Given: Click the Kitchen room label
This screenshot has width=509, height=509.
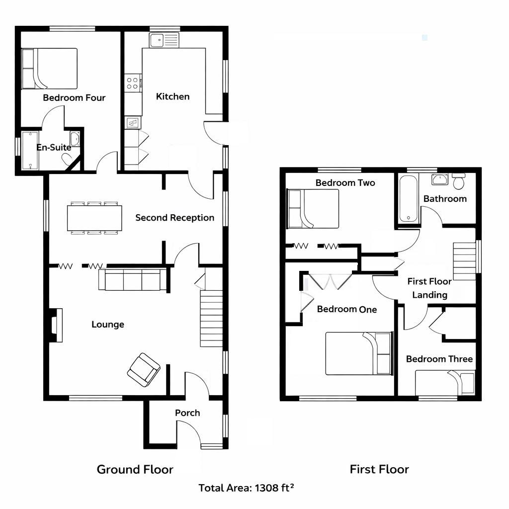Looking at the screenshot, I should pos(172,96).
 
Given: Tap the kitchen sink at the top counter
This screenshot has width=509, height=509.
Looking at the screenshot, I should pos(164,40).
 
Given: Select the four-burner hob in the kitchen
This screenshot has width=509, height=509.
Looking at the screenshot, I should pos(133,83).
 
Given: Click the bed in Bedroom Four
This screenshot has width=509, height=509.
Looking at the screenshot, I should pos(49,68).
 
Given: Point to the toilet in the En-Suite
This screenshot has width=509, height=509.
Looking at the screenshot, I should pos(67,158).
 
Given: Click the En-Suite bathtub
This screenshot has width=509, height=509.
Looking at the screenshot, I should pos(30,151).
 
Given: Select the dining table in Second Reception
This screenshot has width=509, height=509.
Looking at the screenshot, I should pos(94,218).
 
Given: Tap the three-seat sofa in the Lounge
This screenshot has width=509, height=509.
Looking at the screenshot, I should pos(133,279).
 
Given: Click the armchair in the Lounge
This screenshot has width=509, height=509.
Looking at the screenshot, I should pos(144,370).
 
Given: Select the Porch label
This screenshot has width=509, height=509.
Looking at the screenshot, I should pos(187,413).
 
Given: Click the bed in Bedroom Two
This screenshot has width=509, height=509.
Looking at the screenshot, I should pos(313,209).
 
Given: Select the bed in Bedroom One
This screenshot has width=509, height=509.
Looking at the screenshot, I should pos(358,353).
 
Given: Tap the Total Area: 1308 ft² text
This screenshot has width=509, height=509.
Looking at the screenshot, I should pos(246,488).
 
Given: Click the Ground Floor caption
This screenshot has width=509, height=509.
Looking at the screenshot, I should pos(135,469).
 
